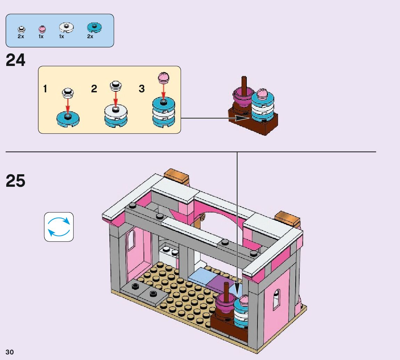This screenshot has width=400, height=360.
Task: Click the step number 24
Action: tap(16, 60)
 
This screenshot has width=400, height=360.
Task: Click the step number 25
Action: tap(16, 181)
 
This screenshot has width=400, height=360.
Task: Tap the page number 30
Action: tap(10, 352)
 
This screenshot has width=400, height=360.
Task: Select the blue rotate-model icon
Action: tap(59, 227)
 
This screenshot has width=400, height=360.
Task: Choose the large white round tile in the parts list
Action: tap(66, 27)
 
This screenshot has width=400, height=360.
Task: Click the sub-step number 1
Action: tap(45, 89)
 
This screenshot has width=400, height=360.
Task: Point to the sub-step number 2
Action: tap(94, 89)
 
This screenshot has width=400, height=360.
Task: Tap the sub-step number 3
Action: tap(141, 89)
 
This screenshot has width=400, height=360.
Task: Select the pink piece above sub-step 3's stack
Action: tap(163, 77)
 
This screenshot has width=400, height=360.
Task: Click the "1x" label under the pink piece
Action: tap(41, 36)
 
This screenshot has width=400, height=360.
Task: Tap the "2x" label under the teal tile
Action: tap(90, 36)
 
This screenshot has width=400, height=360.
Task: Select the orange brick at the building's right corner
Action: tap(287, 218)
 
